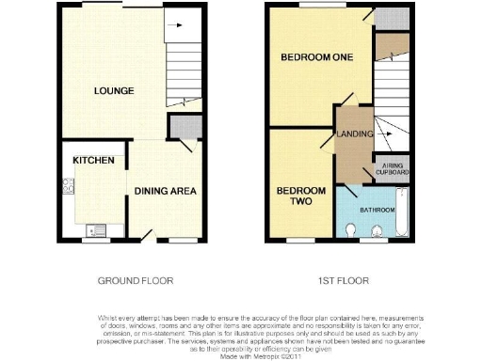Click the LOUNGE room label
pyautogui.click(x=113, y=91)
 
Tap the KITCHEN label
pyautogui.click(x=94, y=161)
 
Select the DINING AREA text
pyautogui.click(x=165, y=192)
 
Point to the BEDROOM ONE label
pyautogui.click(x=316, y=58)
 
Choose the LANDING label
pyautogui.click(x=353, y=133)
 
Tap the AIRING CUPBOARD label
pyautogui.click(x=393, y=169)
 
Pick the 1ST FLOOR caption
pyautogui.click(x=342, y=281)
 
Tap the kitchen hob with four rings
pyautogui.click(x=69, y=188)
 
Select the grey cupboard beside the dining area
pyautogui.click(x=181, y=127)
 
